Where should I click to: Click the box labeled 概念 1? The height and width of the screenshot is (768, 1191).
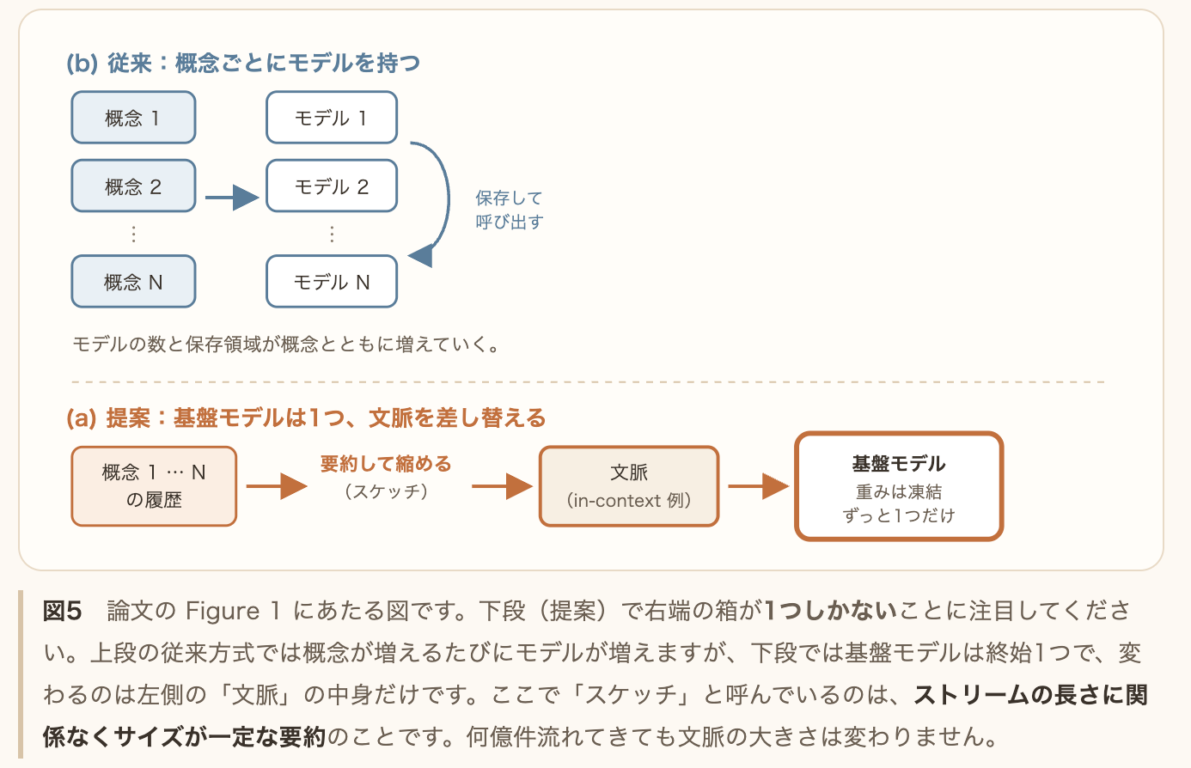tap(133, 118)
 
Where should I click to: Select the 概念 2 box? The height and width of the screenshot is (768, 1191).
tap(133, 186)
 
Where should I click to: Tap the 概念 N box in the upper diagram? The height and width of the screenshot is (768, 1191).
tap(133, 281)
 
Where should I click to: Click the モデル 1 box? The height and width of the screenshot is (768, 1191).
tap(332, 118)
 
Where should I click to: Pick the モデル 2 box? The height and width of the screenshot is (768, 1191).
tap(332, 186)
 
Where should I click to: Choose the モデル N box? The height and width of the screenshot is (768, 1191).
tap(332, 281)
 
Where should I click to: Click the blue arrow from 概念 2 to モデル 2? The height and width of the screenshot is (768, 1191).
tap(232, 198)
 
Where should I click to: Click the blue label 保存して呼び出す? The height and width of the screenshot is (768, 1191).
tap(509, 210)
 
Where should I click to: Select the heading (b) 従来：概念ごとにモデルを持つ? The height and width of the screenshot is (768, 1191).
tap(243, 63)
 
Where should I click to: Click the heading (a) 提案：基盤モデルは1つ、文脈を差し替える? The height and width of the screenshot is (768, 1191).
tap(306, 418)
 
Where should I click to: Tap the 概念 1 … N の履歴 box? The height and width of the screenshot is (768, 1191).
tap(154, 486)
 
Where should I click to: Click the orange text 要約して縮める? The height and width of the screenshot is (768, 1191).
tap(386, 464)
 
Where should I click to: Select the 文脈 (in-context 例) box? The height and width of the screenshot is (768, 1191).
tap(629, 486)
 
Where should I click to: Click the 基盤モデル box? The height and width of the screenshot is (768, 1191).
tap(899, 486)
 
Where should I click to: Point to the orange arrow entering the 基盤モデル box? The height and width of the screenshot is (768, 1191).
tap(758, 486)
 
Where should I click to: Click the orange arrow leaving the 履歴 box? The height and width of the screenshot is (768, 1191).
tap(277, 486)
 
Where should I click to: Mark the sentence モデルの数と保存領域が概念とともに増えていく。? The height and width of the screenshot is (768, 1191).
tap(287, 344)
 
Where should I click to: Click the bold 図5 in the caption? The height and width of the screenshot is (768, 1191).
tap(62, 611)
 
